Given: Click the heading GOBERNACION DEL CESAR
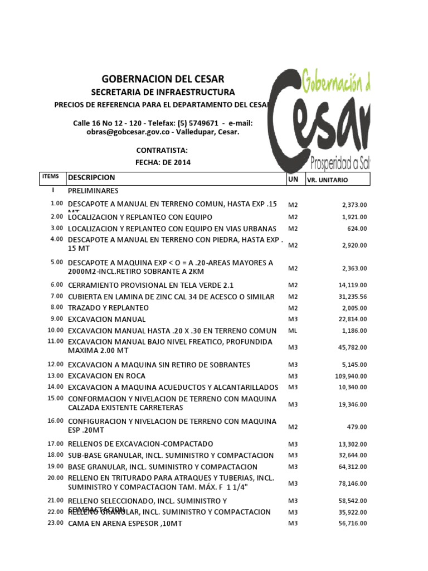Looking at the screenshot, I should coord(163,79).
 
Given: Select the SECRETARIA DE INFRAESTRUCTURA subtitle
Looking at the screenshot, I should coord(163,92).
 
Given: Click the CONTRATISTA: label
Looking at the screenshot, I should coord(162,151).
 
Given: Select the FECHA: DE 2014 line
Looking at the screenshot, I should coord(163,162).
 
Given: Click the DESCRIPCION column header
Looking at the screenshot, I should coord(91,178).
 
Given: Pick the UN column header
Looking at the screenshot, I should coord(293,178).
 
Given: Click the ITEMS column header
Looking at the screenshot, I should coord(50,177).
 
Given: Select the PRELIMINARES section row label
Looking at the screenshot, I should coord(95,191).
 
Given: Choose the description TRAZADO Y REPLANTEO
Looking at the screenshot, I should coord(108,308).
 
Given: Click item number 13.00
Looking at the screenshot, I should coord(55,375).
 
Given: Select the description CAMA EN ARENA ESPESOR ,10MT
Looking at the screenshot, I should coord(125,524).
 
